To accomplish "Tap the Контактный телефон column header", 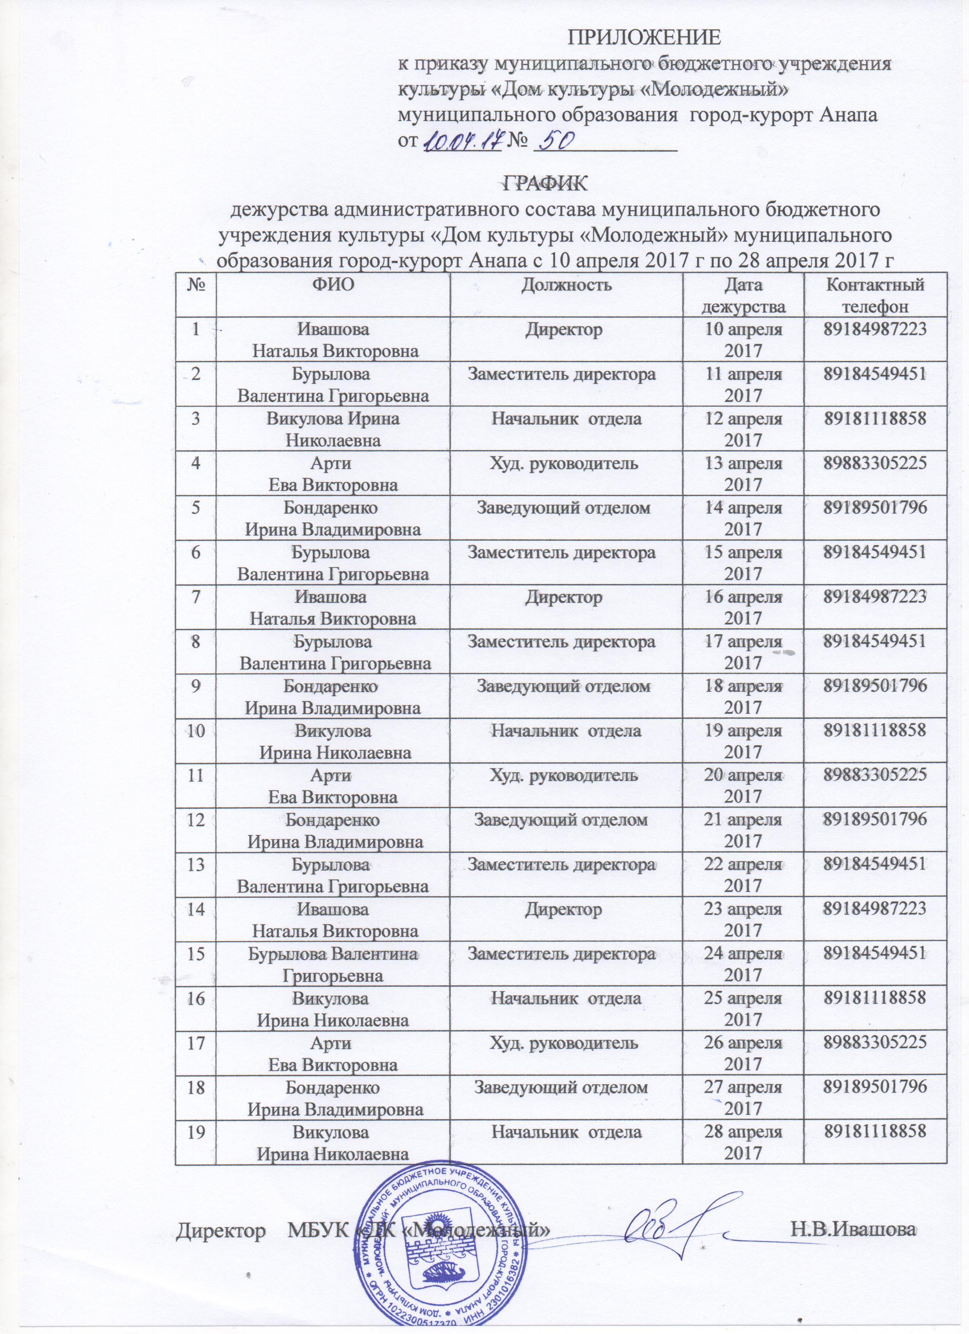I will coord(874,295).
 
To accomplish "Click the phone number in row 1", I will coord(874,330).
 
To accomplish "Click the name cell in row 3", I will coord(333,429).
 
